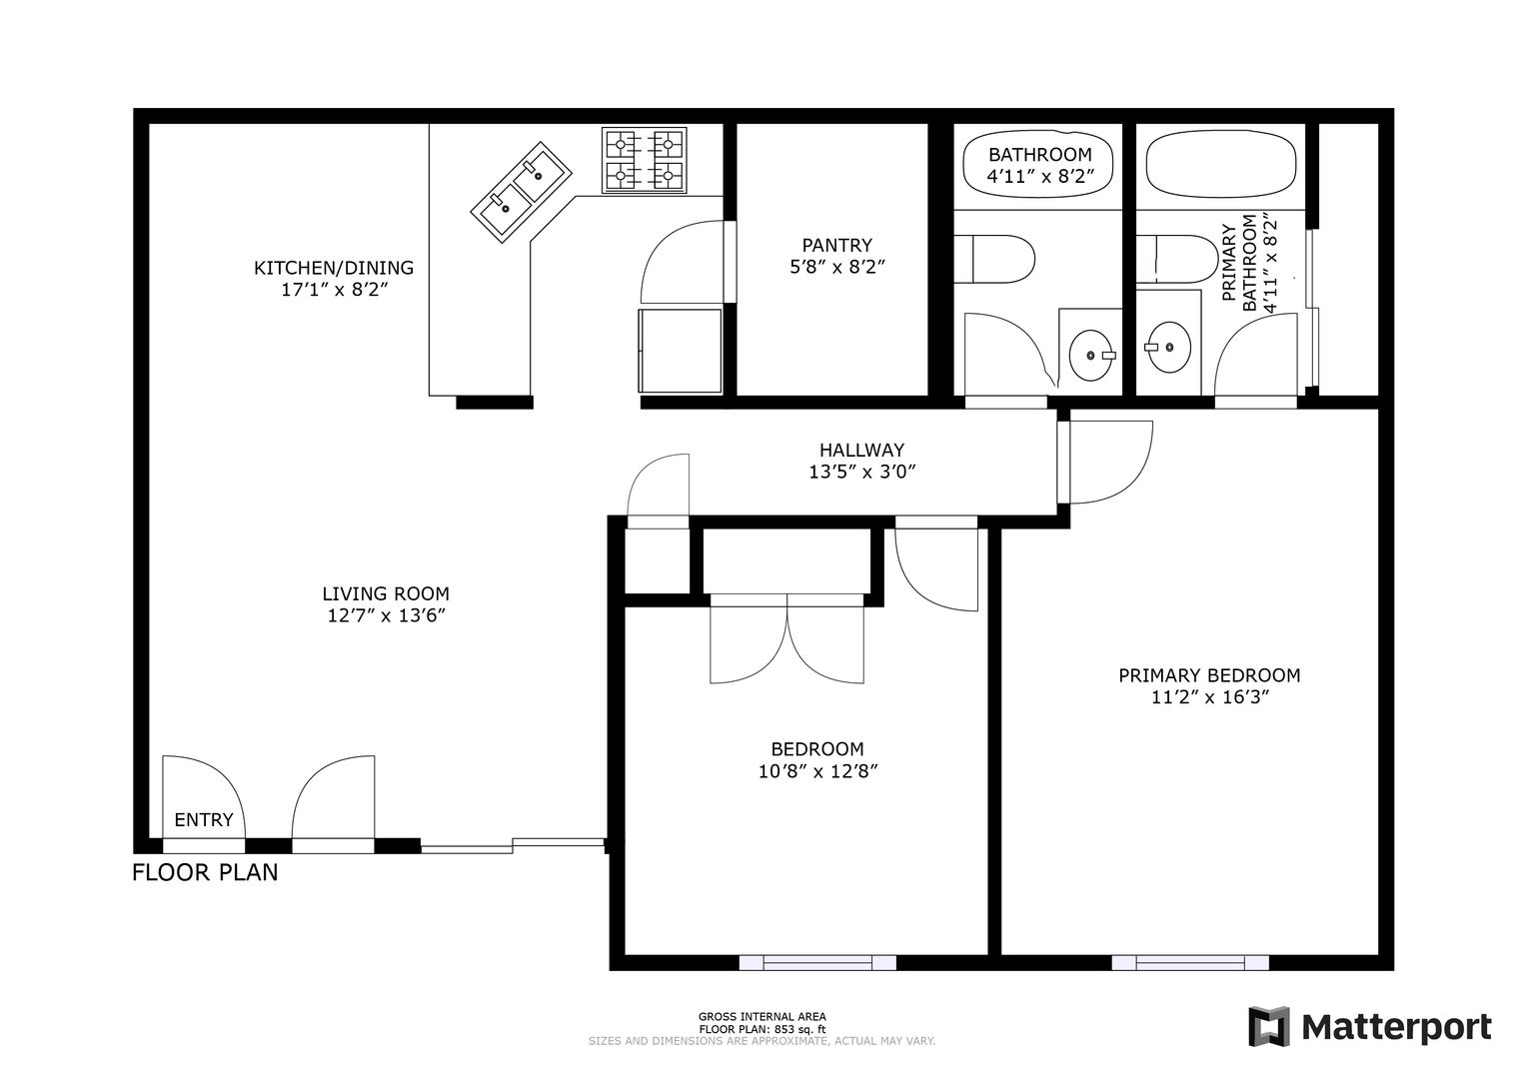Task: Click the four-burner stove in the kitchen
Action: (x=644, y=161)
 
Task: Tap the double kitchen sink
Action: (x=521, y=191)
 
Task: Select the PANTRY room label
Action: (x=836, y=245)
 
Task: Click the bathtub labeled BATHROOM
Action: (x=1038, y=164)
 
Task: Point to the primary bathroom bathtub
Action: (x=1221, y=164)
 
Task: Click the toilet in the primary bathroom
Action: (x=1177, y=260)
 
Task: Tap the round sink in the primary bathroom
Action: (x=1169, y=348)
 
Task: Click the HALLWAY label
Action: (x=861, y=450)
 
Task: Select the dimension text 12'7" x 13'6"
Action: (x=386, y=616)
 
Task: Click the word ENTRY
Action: (x=204, y=820)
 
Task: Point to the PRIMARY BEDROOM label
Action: (x=1209, y=675)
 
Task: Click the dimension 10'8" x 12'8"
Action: (x=817, y=771)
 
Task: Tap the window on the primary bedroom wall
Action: (x=1190, y=962)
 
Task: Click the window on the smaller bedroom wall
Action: (x=817, y=962)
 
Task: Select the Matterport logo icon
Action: (x=1269, y=1026)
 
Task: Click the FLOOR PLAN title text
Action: (x=205, y=873)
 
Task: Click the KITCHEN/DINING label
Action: (x=334, y=268)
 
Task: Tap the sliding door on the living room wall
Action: (x=513, y=845)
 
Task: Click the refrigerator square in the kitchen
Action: (x=680, y=352)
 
